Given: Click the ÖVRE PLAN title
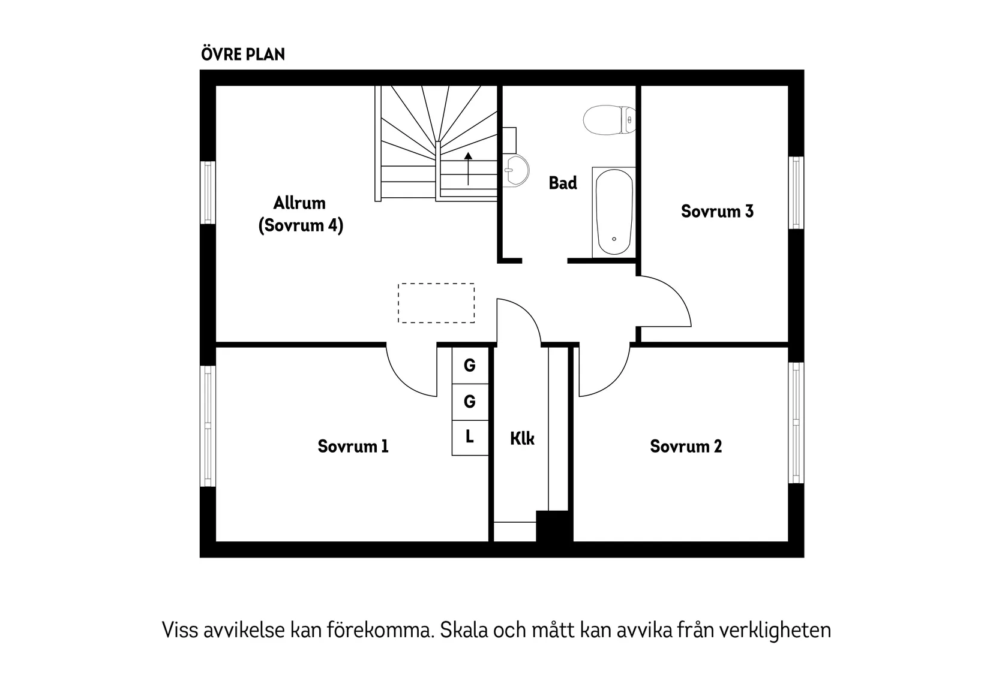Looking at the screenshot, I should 243,55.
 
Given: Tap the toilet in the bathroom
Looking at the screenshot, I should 608,120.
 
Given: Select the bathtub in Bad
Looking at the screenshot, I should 614,212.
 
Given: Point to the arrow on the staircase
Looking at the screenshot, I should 468,168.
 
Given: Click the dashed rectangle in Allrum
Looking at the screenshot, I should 436,303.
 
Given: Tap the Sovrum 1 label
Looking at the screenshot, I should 353,446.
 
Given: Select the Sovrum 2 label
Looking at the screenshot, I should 686,446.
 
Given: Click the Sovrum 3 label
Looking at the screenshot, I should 717,211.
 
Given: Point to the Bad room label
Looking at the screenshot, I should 563,183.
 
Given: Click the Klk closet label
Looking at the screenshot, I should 522,438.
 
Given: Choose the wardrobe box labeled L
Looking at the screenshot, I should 470,437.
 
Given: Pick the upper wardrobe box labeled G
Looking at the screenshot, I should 470,364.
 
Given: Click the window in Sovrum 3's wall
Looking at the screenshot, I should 796,192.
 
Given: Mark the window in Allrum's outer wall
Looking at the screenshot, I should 208,192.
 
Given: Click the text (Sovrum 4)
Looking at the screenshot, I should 301,226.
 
